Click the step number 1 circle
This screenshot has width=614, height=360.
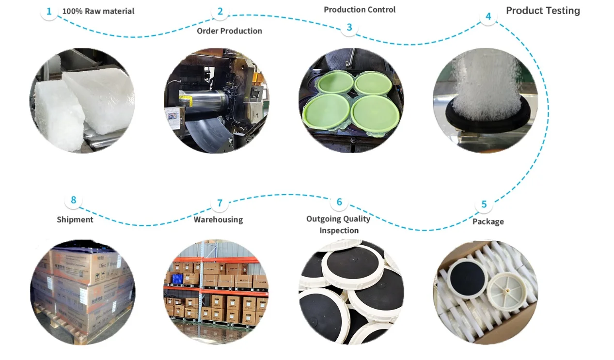click(49, 11)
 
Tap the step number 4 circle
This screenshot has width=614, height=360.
click(488, 16)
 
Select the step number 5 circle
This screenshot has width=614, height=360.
click(484, 204)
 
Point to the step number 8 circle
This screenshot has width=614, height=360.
click(73, 200)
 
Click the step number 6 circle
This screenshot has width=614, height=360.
click(339, 202)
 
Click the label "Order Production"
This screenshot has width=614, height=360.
click(229, 31)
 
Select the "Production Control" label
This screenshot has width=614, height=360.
click(360, 10)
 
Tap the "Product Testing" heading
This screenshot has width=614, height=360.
click(543, 11)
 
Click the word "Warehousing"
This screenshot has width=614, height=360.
click(218, 219)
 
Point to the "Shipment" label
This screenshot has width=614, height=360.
click(75, 219)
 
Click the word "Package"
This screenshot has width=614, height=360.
click(488, 221)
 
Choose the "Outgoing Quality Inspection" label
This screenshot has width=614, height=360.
click(338, 224)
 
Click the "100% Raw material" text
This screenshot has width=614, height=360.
click(98, 11)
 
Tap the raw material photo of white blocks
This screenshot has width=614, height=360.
click(82, 100)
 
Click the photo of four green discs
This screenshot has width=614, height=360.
click(351, 100)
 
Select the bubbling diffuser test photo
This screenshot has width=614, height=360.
click(485, 100)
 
